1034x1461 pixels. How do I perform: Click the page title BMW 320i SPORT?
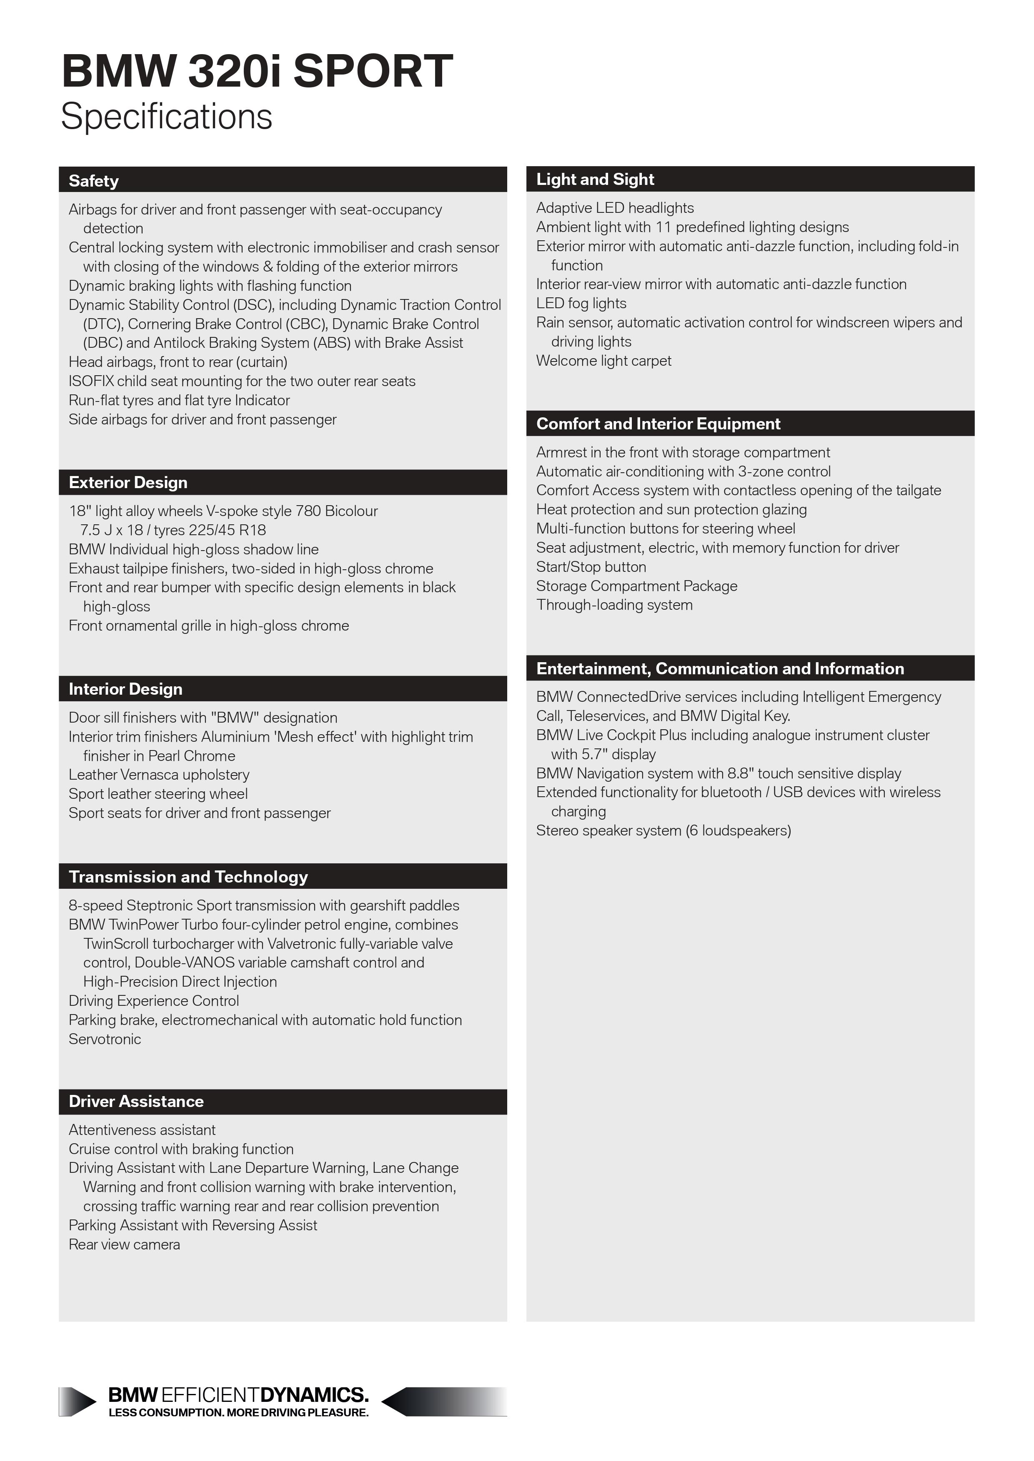coord(257,71)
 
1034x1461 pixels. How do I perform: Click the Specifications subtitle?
coord(167,117)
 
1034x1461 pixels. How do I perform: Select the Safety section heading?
coord(94,181)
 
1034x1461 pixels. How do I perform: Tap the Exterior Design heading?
coord(128,482)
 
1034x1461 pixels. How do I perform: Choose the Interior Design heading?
coord(125,689)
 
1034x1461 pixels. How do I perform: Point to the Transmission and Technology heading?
coord(188,877)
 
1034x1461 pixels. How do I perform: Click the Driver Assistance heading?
coord(136,1102)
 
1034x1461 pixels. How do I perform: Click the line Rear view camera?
coord(124,1245)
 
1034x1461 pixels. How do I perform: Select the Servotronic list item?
coord(105,1039)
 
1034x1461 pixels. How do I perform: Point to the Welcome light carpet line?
coord(603,361)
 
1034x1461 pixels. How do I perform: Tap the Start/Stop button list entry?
coord(591,567)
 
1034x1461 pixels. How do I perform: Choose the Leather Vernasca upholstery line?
coord(159,775)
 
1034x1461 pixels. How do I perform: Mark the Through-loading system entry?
coord(614,605)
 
